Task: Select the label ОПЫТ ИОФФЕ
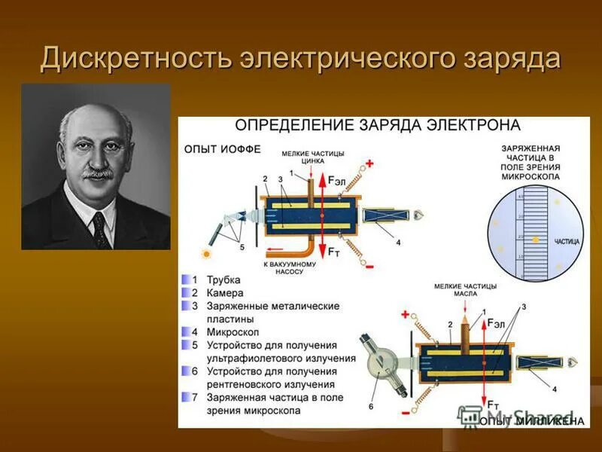pos(223,149)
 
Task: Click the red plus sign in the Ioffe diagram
pos(369,163)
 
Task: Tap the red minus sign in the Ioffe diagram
pos(369,264)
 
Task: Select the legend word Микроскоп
pos(230,331)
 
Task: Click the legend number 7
pos(194,398)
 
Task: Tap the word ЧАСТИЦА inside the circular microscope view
pos(567,242)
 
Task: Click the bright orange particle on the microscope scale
pos(536,239)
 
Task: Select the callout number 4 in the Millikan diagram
pos(555,389)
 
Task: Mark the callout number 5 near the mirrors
pos(241,246)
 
